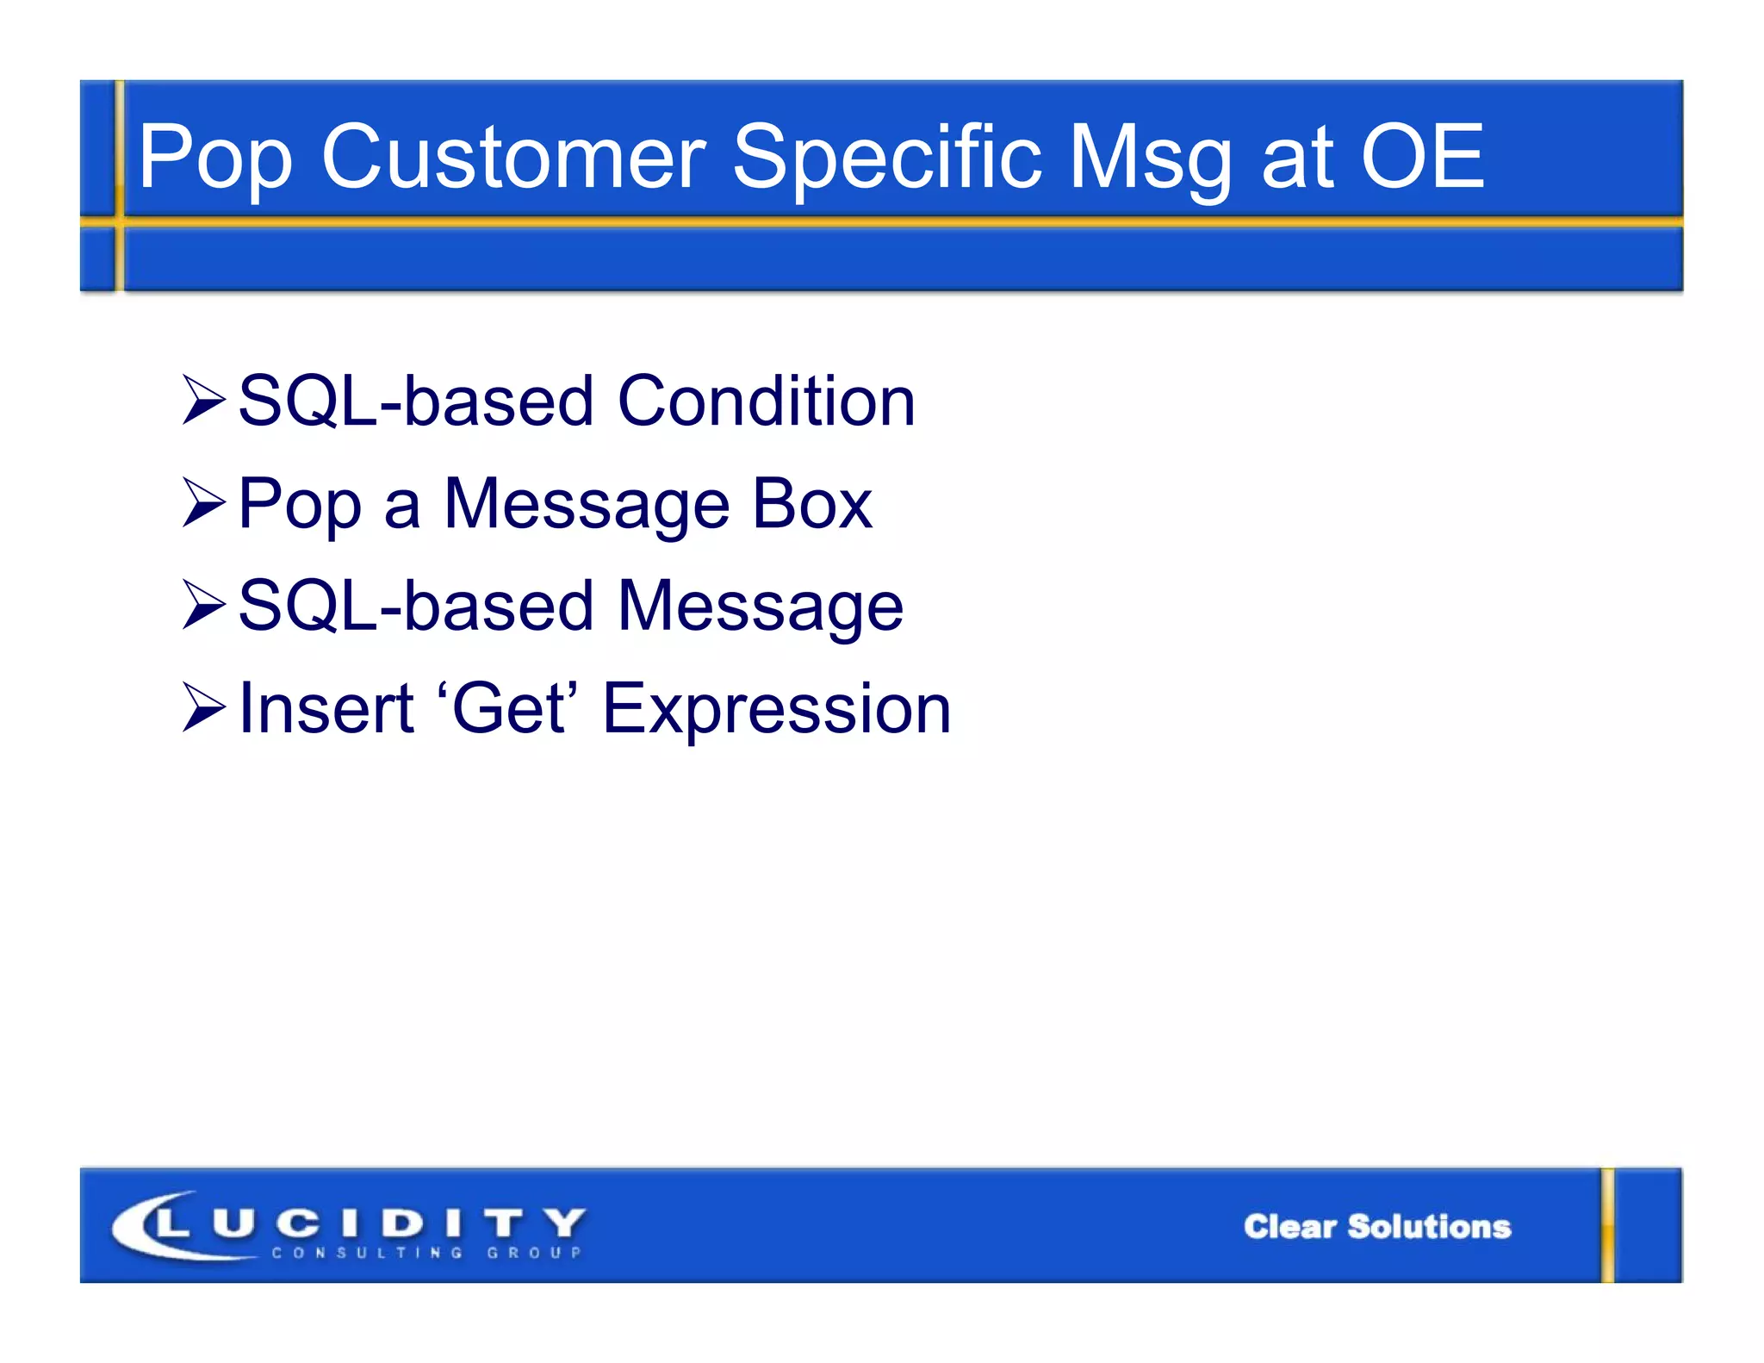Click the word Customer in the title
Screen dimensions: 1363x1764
[x=513, y=157]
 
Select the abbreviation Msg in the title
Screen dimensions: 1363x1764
[x=1151, y=157]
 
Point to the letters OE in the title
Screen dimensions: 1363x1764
[x=1422, y=157]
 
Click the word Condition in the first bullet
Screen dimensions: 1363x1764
[x=766, y=401]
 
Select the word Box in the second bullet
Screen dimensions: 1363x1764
[x=811, y=504]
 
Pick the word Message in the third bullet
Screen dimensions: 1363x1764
[x=760, y=607]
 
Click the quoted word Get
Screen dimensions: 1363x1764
[x=508, y=708]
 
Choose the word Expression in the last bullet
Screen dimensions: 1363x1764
[x=776, y=710]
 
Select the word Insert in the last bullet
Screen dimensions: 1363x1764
[x=326, y=708]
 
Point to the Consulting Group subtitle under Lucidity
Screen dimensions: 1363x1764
[x=426, y=1253]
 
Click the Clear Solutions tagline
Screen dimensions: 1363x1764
[x=1376, y=1226]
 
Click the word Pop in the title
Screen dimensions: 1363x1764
[x=215, y=159]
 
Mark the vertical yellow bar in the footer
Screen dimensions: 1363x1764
[x=1607, y=1225]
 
